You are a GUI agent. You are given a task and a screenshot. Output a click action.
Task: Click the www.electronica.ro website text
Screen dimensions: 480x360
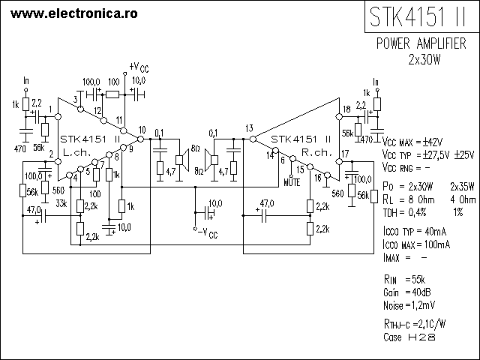coord(73,13)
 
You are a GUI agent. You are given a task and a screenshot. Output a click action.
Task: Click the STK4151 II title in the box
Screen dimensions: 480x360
coord(418,16)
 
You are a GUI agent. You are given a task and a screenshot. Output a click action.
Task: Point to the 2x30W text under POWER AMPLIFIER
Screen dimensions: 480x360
coord(424,59)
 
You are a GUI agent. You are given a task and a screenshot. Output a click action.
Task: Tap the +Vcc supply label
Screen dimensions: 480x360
coord(139,67)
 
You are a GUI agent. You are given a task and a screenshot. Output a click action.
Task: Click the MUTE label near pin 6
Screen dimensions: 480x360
coord(292,183)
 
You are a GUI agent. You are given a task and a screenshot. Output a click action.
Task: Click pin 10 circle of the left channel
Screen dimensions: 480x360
coord(140,139)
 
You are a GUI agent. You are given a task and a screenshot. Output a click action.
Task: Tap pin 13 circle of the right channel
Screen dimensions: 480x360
coord(253,139)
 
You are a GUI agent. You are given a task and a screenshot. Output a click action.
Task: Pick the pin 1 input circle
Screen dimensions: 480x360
coord(58,117)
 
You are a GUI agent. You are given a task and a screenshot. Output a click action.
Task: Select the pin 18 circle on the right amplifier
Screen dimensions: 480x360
coord(339,117)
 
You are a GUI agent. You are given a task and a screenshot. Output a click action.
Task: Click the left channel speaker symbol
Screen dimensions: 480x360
coord(182,160)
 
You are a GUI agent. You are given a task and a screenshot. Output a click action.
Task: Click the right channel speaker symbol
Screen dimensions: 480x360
coord(211,160)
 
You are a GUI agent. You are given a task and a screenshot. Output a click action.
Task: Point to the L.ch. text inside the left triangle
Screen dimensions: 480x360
coord(76,152)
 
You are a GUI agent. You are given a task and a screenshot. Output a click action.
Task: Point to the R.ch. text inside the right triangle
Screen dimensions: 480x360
coord(317,152)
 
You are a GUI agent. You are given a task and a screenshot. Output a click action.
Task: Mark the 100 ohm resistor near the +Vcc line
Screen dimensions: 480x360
coord(112,94)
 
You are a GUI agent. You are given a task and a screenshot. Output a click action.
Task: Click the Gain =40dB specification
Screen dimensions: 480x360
coord(406,292)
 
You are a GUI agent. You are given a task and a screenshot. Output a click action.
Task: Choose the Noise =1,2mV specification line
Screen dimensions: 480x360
coord(409,305)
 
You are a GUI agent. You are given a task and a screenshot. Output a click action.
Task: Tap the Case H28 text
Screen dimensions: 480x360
coord(409,337)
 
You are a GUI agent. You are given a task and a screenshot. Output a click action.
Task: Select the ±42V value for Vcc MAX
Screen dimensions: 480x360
coord(433,142)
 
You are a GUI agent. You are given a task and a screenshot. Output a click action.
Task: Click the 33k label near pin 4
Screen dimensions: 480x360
coord(61,203)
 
